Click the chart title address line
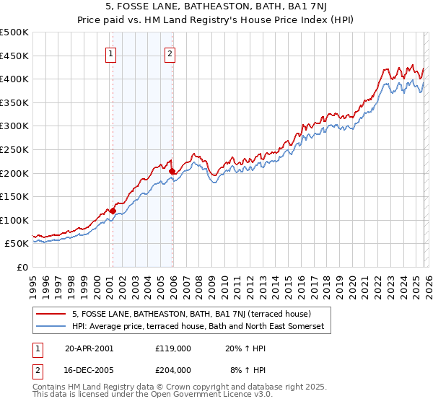pyautogui.click(x=216, y=7)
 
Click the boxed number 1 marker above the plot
pyautogui.click(x=112, y=53)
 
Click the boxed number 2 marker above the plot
pyautogui.click(x=170, y=53)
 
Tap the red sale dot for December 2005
pyautogui.click(x=172, y=171)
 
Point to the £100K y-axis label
pyautogui.click(x=14, y=220)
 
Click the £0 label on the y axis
pyautogui.click(x=22, y=267)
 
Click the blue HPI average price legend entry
pyautogui.click(x=198, y=327)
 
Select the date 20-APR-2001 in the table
pyautogui.click(x=89, y=348)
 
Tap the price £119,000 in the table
pyautogui.click(x=172, y=348)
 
